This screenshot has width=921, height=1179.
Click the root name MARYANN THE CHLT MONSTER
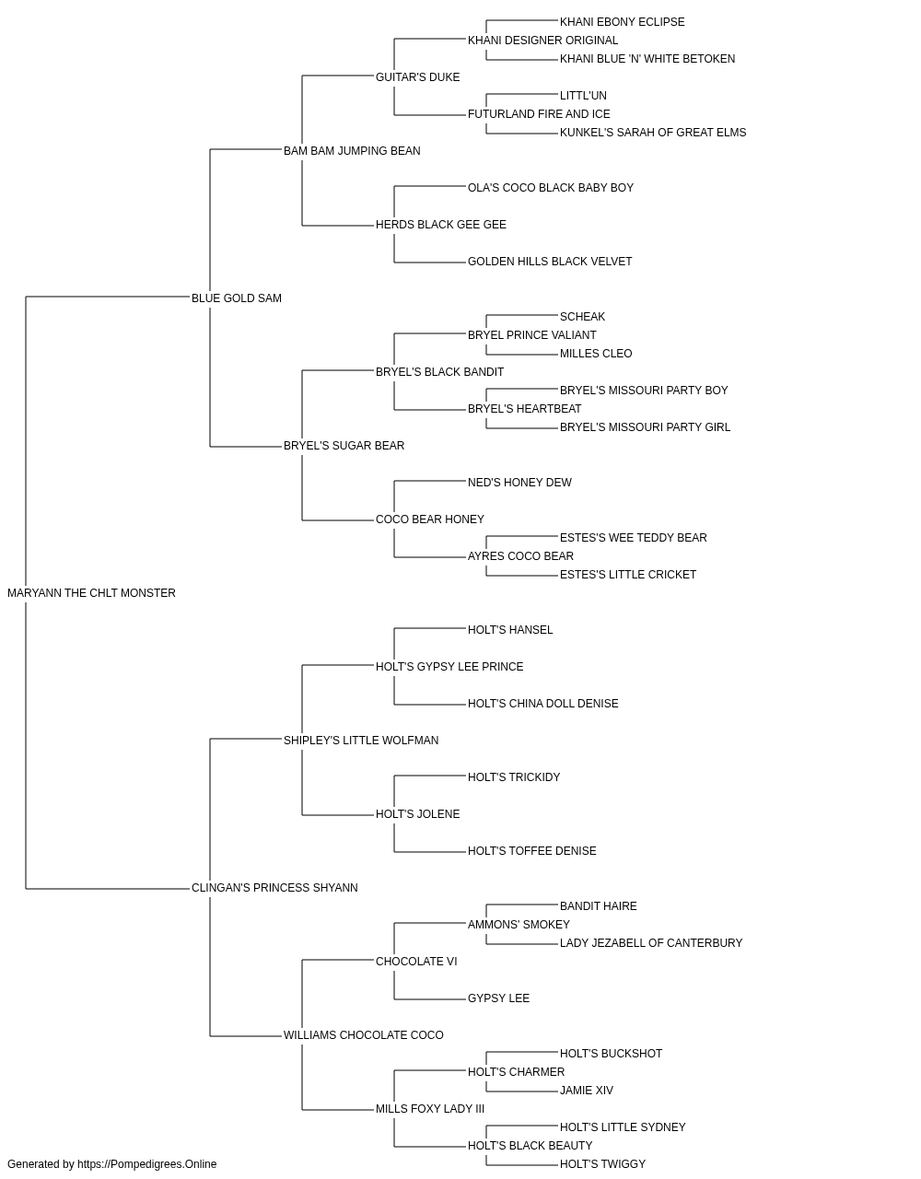click(92, 593)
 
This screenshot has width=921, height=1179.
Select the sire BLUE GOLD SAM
click(237, 298)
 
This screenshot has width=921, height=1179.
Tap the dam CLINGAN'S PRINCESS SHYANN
click(274, 888)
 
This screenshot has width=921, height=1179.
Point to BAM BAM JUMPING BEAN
click(352, 151)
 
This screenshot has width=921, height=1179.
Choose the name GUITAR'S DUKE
click(417, 77)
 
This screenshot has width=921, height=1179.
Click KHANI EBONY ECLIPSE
click(623, 22)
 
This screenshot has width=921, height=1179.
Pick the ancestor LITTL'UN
click(583, 96)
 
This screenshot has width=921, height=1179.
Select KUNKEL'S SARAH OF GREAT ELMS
click(653, 133)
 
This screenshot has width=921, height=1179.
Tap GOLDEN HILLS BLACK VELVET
click(550, 262)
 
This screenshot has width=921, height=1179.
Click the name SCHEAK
click(583, 317)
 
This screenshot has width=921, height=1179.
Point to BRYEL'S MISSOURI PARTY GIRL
click(645, 427)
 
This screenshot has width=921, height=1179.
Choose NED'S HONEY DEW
click(519, 483)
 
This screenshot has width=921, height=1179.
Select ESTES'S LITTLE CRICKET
click(628, 575)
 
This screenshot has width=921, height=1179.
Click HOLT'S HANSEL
click(510, 630)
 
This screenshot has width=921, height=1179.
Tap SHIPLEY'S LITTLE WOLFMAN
click(361, 741)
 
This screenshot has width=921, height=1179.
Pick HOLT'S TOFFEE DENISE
click(532, 851)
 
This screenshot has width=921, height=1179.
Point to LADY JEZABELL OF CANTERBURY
click(651, 943)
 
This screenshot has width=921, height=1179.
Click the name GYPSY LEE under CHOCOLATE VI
click(498, 998)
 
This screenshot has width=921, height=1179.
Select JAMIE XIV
click(587, 1091)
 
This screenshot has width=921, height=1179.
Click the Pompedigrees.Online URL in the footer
click(147, 1164)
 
